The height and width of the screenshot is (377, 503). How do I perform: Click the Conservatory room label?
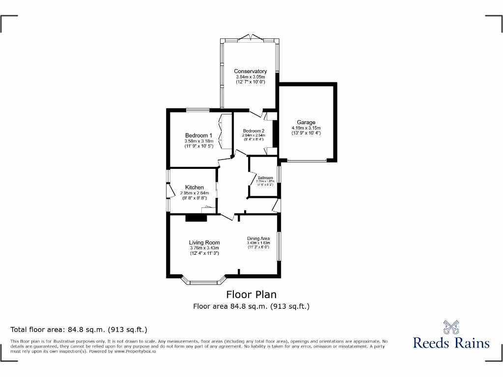(250, 71)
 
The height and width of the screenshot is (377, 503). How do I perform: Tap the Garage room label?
(306, 122)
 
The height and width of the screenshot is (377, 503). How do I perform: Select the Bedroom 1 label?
(198, 135)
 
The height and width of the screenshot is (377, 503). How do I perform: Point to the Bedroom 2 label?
(253, 131)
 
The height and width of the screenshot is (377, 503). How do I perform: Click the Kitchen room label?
(194, 188)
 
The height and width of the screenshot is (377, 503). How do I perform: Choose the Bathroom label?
(265, 178)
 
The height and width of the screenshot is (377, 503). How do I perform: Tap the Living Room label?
(204, 242)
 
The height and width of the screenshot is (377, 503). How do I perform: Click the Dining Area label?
(258, 239)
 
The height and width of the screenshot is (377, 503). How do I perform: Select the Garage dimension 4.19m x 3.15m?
(306, 128)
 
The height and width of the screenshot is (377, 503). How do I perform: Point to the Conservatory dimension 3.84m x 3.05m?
(250, 77)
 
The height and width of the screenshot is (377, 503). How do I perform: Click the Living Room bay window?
(203, 282)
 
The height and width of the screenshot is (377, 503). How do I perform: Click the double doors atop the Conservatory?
(250, 37)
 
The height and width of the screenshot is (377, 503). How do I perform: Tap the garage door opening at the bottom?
(307, 161)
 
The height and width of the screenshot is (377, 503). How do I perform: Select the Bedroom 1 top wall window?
(198, 109)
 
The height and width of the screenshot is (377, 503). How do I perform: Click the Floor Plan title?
(251, 295)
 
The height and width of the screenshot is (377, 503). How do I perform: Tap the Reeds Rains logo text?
(451, 343)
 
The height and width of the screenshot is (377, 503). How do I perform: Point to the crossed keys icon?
(451, 326)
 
